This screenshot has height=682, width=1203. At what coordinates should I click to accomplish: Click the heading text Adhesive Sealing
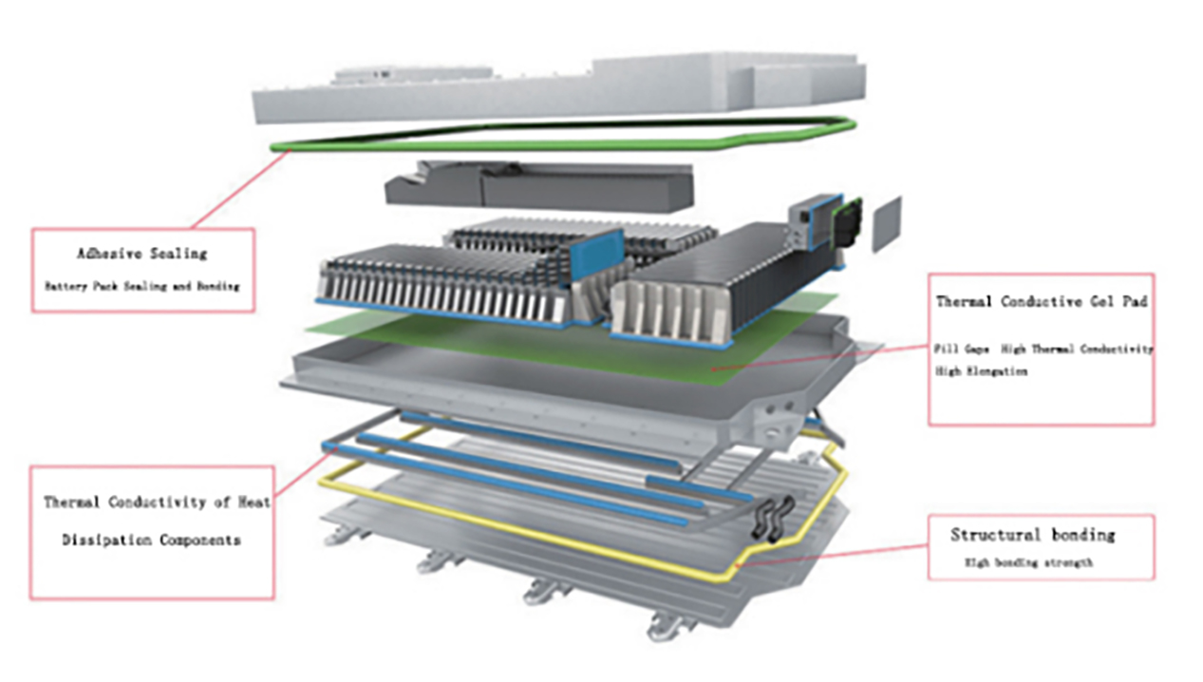coord(141,254)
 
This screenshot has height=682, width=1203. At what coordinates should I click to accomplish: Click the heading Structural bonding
coord(1033,535)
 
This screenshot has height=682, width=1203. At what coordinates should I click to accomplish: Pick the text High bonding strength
coord(1028,562)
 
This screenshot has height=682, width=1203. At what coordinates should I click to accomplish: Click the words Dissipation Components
coord(151,540)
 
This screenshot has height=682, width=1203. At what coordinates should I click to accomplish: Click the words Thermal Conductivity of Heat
coord(157,502)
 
